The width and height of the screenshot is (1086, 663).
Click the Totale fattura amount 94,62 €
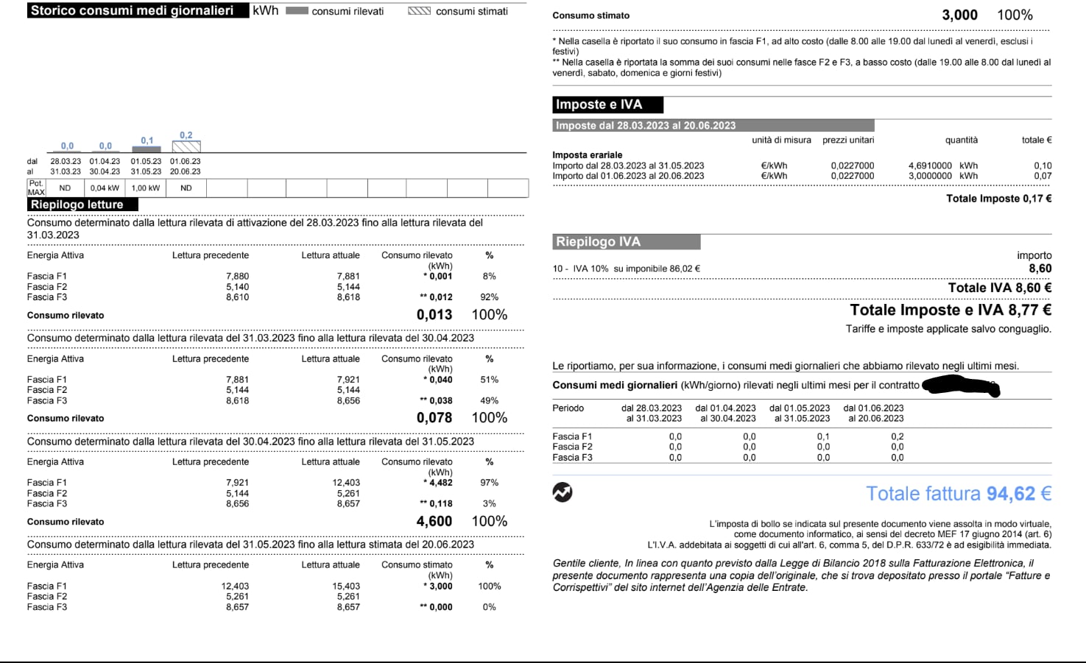(x=958, y=494)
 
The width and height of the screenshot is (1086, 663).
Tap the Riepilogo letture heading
(x=77, y=205)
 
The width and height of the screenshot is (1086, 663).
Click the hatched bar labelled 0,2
(x=186, y=146)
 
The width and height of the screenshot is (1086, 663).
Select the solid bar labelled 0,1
(x=147, y=149)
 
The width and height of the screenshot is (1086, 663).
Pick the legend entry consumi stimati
(x=458, y=12)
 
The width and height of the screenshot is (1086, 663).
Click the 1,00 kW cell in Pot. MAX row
(x=146, y=188)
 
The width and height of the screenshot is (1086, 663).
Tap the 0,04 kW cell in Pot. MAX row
(x=105, y=188)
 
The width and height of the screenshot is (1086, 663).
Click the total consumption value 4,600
(x=434, y=522)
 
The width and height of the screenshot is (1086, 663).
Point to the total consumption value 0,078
(x=434, y=418)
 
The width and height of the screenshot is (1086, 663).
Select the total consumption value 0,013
(x=434, y=315)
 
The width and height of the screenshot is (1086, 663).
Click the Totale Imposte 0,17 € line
(x=998, y=199)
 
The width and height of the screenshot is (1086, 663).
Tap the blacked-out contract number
(x=960, y=386)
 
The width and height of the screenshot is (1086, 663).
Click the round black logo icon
(x=563, y=492)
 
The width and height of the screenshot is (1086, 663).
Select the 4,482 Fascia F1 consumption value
(x=441, y=483)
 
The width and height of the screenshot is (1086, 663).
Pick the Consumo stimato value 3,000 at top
(x=959, y=15)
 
